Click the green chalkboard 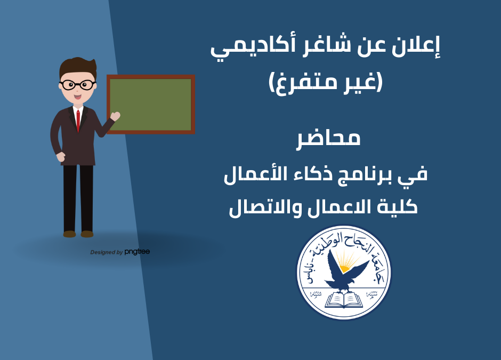[x=151, y=105]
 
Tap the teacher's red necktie [x=78, y=121]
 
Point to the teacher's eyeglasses [x=77, y=84]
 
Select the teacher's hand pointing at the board [x=115, y=116]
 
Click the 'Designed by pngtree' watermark [x=120, y=252]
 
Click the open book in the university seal [x=344, y=300]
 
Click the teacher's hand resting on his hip [x=60, y=157]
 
